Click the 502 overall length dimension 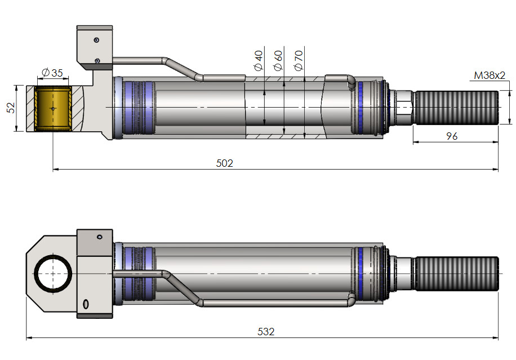click(224, 163)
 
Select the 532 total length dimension click(266, 331)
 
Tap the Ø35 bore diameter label click(52, 73)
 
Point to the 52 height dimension click(11, 108)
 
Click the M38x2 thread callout click(490, 75)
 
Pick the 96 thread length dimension click(452, 136)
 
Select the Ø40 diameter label click(259, 60)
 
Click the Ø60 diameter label click(278, 60)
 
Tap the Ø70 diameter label click(299, 60)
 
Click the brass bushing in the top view click(53, 109)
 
